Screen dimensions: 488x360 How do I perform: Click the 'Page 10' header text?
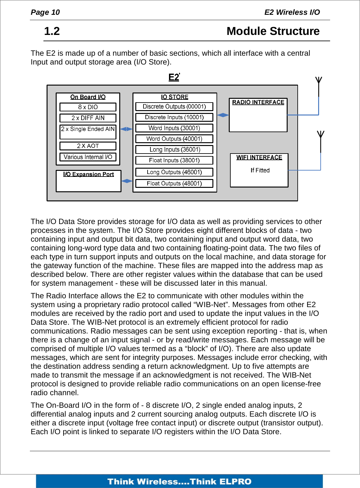click(x=45, y=12)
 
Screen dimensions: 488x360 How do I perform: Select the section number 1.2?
click(x=52, y=31)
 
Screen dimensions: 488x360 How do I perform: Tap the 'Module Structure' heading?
click(x=273, y=31)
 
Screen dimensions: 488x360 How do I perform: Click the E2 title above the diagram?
click(x=174, y=77)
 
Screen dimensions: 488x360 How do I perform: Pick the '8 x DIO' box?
click(x=88, y=107)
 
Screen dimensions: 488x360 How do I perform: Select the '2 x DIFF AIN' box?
click(x=88, y=118)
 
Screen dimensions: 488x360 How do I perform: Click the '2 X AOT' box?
click(x=88, y=146)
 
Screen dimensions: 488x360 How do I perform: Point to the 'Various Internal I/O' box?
click(x=88, y=157)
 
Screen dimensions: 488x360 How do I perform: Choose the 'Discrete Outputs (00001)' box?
click(x=174, y=107)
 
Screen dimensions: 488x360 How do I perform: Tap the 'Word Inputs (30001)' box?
click(x=174, y=128)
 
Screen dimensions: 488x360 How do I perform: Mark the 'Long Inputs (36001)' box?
click(x=174, y=149)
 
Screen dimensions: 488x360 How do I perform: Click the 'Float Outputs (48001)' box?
click(x=174, y=183)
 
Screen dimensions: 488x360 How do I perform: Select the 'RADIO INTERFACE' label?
click(x=258, y=102)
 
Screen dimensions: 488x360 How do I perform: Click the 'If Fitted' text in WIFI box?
click(x=260, y=171)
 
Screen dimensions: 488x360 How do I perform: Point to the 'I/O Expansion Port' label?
click(x=88, y=174)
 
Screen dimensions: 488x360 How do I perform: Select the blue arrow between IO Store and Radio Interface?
click(x=223, y=115)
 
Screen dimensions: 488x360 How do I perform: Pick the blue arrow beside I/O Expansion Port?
click(x=127, y=181)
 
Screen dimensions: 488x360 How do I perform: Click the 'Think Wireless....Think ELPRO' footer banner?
click(x=179, y=481)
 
